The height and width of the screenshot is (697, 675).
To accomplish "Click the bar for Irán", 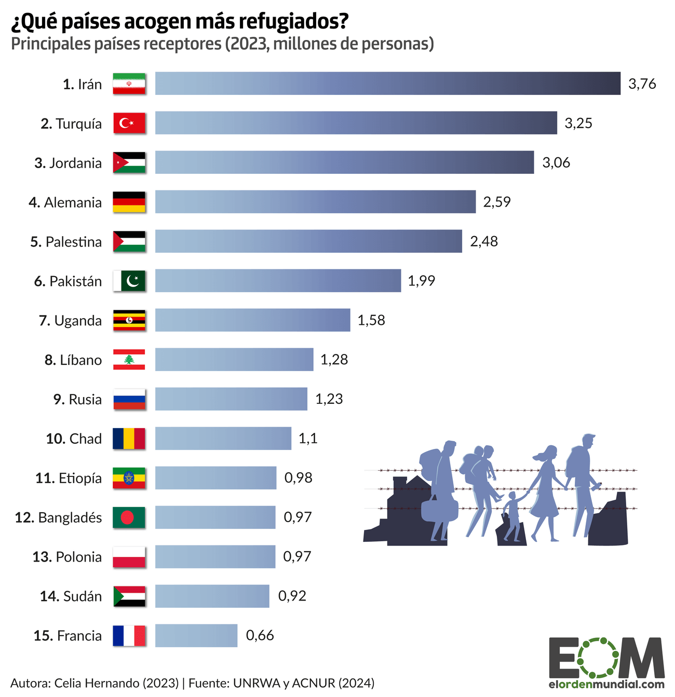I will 387,84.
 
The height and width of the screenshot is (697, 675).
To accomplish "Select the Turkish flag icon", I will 129,123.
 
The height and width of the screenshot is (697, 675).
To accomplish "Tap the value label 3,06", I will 556,163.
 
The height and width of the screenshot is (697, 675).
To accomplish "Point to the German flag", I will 129,202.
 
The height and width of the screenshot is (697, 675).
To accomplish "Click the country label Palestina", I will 73,242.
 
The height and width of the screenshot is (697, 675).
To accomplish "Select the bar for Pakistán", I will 278,281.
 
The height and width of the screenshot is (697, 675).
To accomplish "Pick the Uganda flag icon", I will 129,320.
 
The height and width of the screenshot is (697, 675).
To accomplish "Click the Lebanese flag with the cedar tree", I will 129,360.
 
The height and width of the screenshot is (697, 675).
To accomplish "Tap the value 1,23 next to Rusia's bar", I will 329,399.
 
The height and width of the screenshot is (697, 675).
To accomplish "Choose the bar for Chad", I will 223,439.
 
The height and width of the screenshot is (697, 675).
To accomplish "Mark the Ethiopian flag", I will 129,478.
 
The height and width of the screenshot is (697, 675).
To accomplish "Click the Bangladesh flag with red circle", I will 129,517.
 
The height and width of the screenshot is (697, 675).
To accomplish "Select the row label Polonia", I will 78,557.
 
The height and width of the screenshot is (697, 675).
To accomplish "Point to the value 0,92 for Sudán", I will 292,596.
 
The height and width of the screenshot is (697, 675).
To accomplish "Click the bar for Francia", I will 196,635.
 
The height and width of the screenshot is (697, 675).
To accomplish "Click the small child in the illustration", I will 512,516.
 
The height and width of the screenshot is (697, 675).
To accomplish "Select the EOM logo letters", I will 606,658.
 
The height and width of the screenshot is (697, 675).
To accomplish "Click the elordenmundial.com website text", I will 606,685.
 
